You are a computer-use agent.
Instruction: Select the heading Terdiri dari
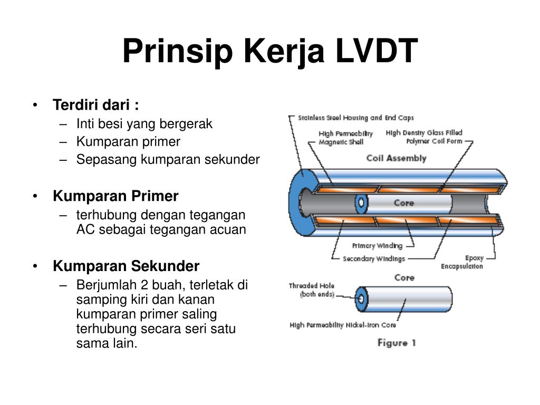coord(96,104)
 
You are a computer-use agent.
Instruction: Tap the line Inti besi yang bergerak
coord(144,124)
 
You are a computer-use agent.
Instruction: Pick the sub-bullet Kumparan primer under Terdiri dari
coord(128,141)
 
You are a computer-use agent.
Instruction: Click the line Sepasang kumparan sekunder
coord(168,159)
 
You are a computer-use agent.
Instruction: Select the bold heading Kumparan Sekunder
coord(126,266)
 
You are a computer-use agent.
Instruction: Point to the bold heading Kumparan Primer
coord(115,196)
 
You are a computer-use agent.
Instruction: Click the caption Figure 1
coord(397,343)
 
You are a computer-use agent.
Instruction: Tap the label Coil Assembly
coord(396,158)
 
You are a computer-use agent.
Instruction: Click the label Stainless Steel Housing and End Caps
coord(356,118)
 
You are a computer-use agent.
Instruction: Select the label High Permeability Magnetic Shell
coord(345,138)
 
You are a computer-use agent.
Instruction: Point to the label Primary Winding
coord(377,246)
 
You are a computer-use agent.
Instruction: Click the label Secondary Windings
coord(374,259)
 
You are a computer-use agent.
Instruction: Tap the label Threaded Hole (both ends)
coord(311,290)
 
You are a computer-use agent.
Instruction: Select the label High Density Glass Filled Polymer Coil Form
coord(424,137)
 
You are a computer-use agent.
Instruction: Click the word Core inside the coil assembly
coord(403,203)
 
